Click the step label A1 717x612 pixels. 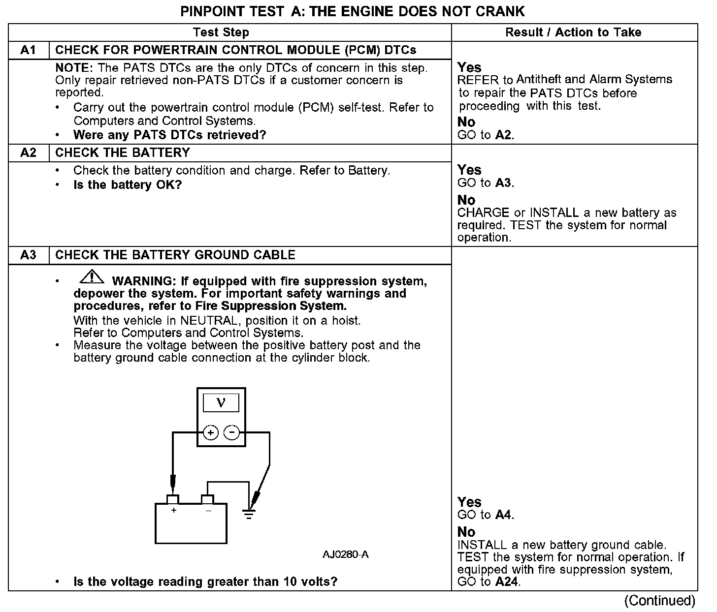(29, 50)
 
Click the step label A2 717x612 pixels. (29, 153)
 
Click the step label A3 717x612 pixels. (29, 255)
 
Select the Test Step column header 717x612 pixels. (221, 32)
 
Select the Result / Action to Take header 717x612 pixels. (573, 32)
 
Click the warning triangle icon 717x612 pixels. (92, 277)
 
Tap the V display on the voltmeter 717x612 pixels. (221, 403)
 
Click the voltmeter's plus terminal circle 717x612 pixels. (210, 433)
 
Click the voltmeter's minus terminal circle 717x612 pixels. (231, 433)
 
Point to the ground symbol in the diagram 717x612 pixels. (249, 515)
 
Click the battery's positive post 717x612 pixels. (172, 499)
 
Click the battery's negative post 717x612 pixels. (207, 499)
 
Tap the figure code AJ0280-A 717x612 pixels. (346, 555)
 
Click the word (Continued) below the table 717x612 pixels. (659, 601)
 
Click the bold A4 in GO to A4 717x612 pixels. (503, 515)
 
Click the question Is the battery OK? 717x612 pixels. (128, 185)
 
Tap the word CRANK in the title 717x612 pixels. (500, 11)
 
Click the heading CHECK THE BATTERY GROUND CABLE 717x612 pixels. (175, 255)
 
